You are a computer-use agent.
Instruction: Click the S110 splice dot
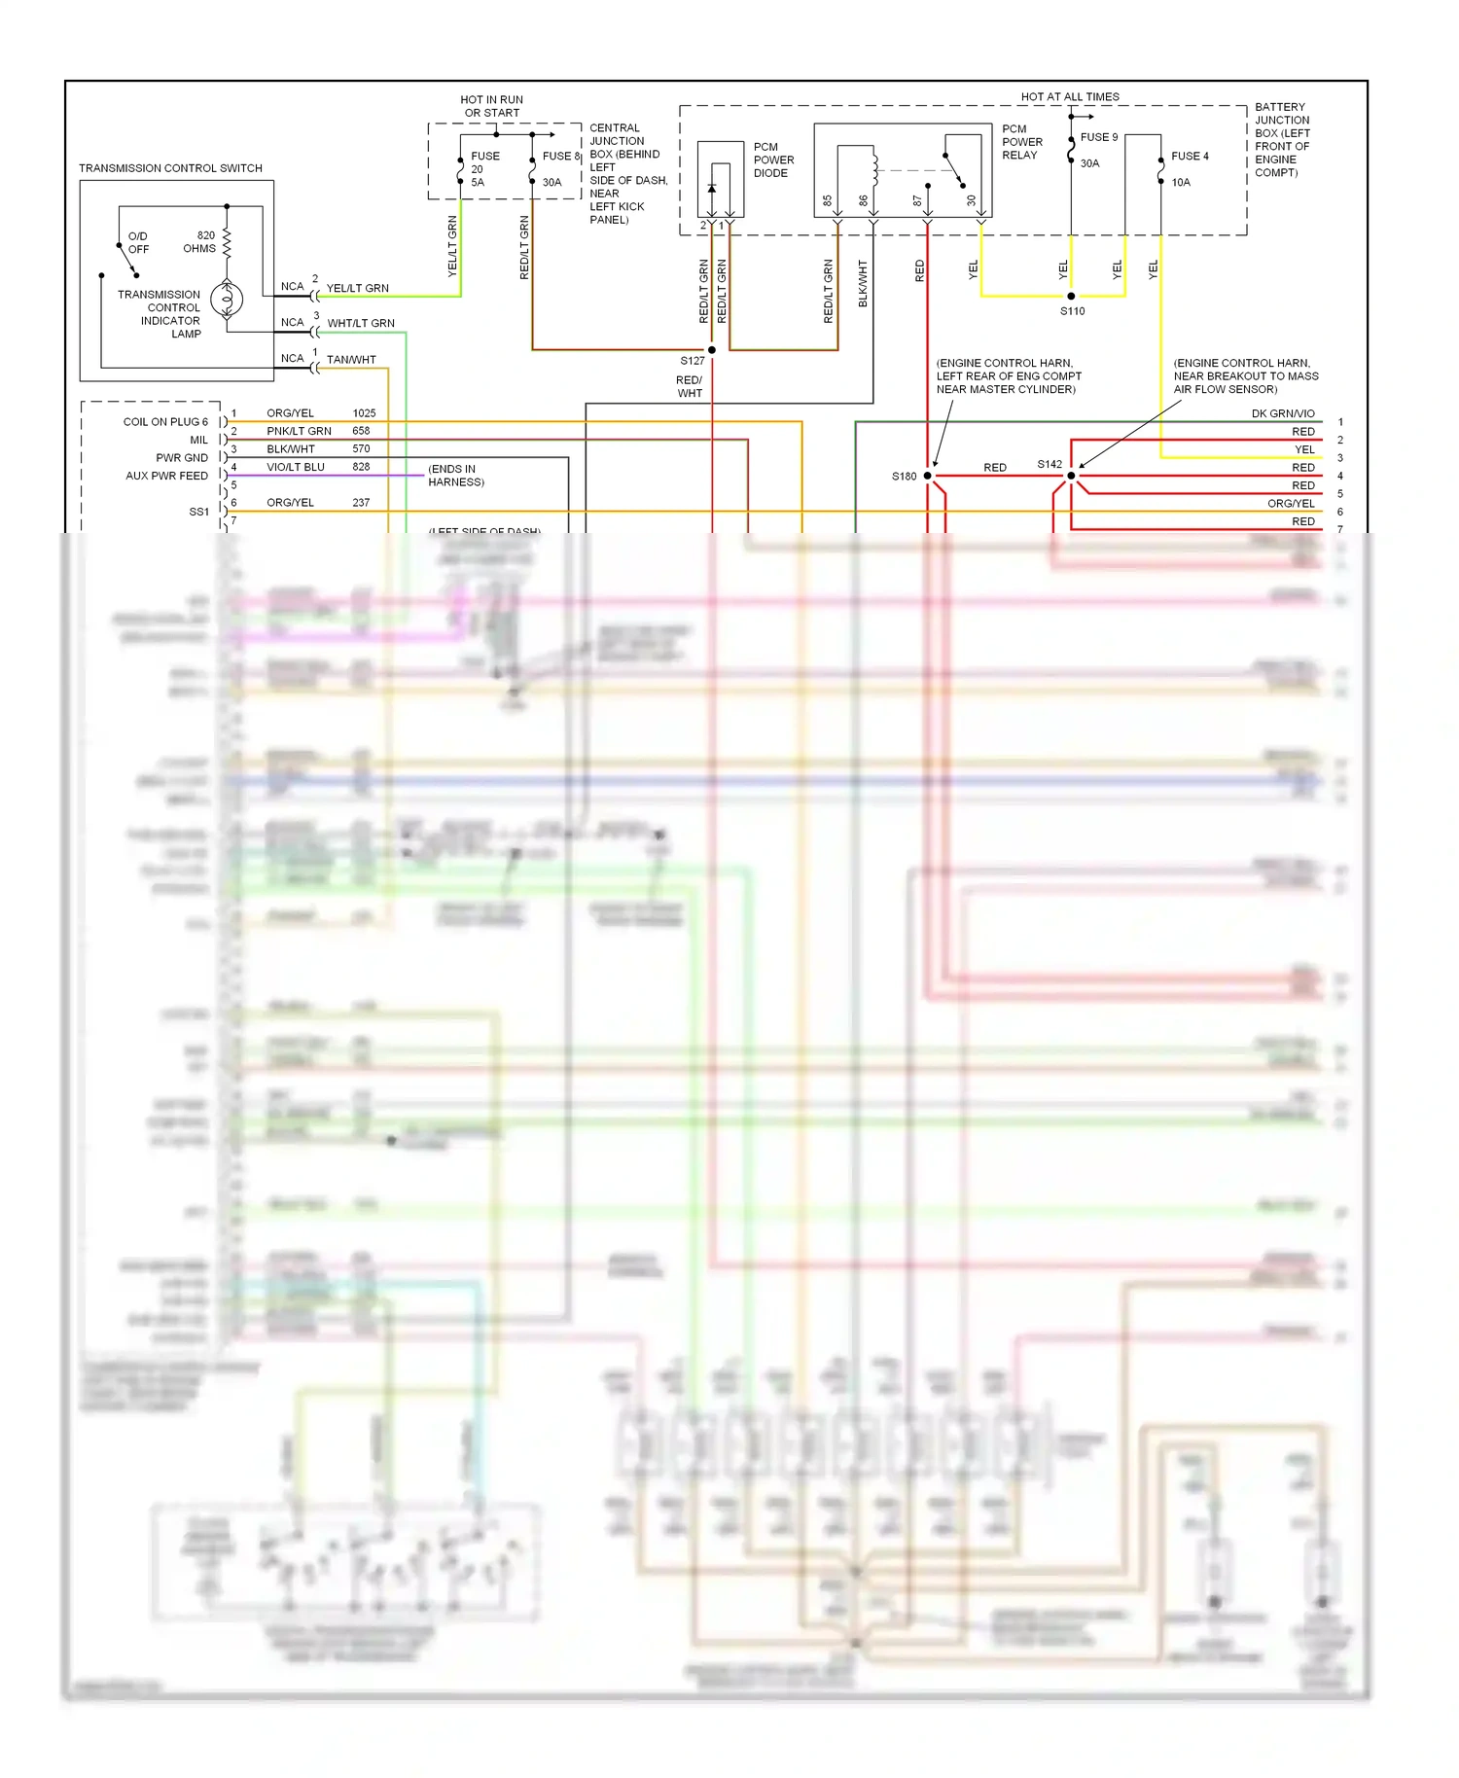[x=1071, y=296]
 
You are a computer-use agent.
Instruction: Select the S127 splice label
[x=692, y=361]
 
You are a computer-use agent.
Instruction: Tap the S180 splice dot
[x=927, y=476]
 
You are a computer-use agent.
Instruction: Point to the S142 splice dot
[x=1071, y=476]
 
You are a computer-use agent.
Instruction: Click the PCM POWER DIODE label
[x=773, y=160]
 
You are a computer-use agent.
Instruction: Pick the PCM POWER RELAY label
[x=1021, y=142]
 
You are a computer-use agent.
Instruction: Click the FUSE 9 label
[x=1099, y=137]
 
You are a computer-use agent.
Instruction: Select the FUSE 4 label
[x=1190, y=156]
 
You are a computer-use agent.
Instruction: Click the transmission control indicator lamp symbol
[x=227, y=300]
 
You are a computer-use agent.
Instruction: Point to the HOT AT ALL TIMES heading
[x=1070, y=96]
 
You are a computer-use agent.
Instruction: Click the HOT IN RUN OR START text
[x=491, y=106]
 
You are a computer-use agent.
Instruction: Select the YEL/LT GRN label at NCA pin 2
[x=357, y=288]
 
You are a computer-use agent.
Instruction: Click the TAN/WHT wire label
[x=351, y=360]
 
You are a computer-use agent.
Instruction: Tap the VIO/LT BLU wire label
[x=296, y=467]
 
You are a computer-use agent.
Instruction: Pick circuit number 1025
[x=364, y=413]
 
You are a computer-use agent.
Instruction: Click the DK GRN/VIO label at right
[x=1282, y=413]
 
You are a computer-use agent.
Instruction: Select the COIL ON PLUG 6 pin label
[x=165, y=422]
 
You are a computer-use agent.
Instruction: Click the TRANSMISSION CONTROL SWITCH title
[x=170, y=168]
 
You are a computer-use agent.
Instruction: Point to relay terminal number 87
[x=916, y=201]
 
